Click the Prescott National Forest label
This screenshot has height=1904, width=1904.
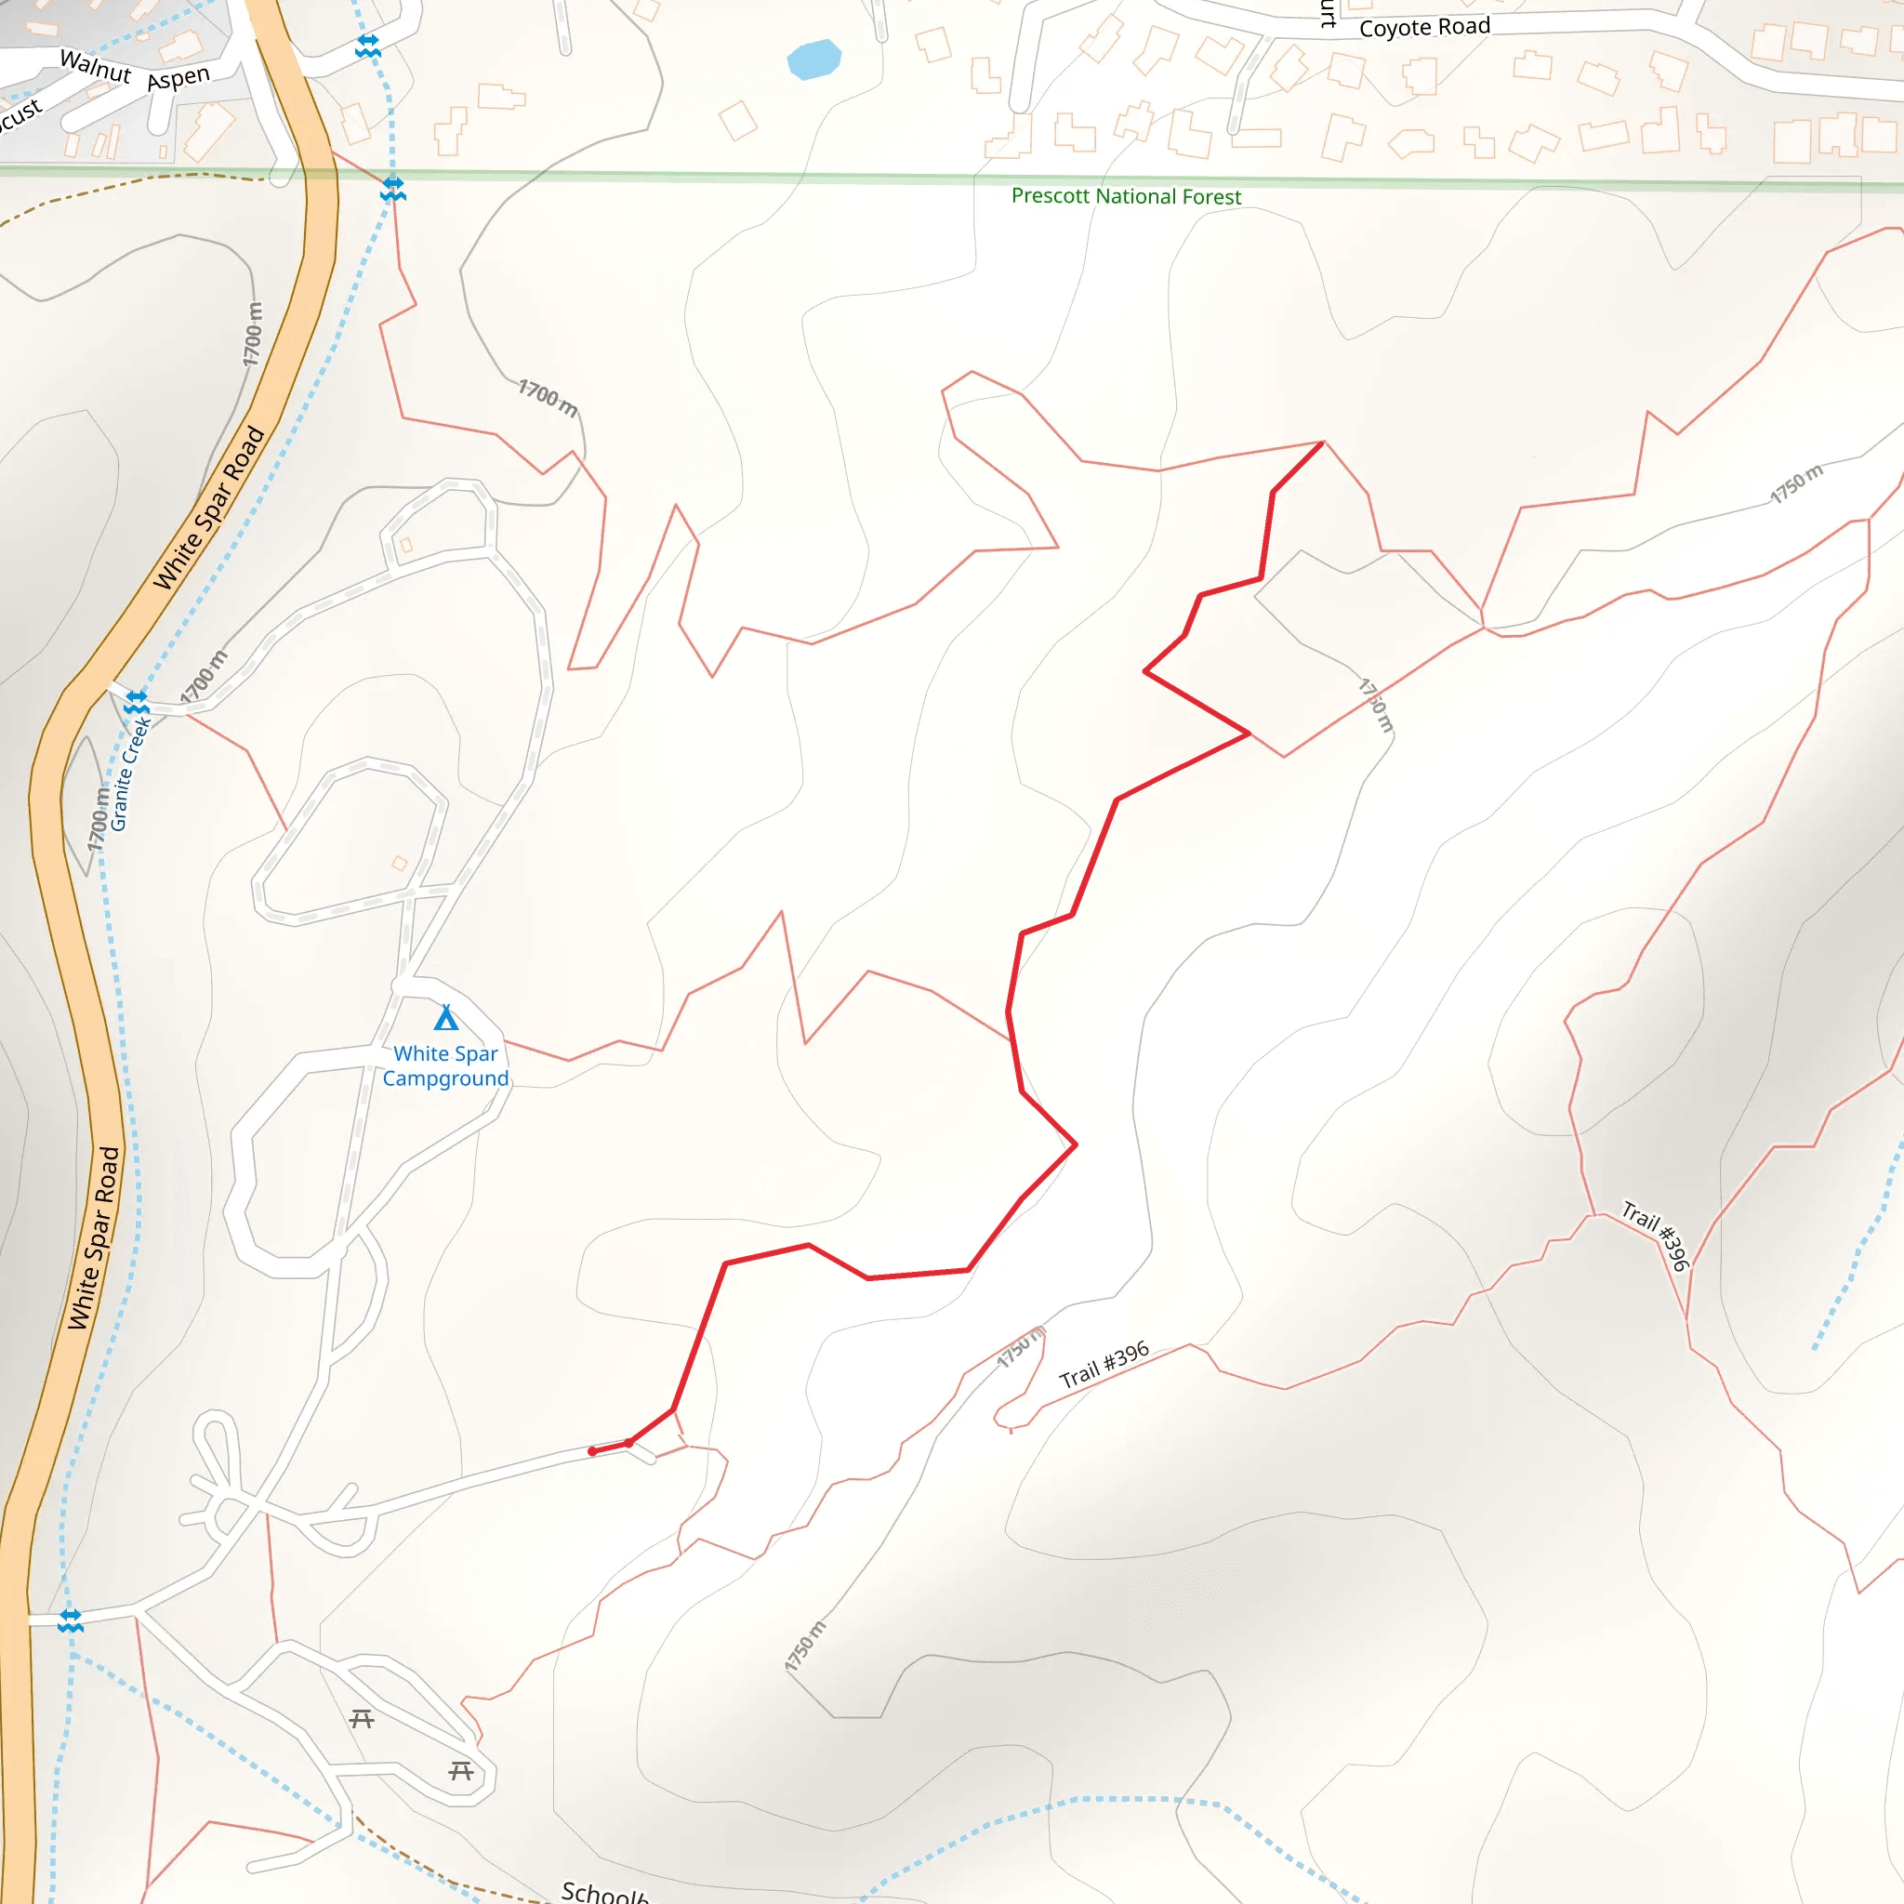[x=1126, y=196]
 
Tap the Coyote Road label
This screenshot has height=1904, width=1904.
[x=1424, y=28]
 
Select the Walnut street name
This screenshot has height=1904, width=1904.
[x=96, y=66]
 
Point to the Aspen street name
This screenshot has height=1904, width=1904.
[x=178, y=78]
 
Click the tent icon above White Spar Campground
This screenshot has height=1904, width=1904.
[x=446, y=1017]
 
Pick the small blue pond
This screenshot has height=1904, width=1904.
[x=814, y=59]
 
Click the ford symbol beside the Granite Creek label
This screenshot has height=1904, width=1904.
[x=136, y=702]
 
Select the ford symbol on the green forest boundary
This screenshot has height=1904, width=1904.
[x=393, y=187]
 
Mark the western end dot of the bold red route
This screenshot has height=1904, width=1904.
[x=591, y=1450]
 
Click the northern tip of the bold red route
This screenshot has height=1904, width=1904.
[x=1322, y=443]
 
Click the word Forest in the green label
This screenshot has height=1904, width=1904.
[x=1211, y=197]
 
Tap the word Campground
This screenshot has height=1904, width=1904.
[x=445, y=1078]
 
